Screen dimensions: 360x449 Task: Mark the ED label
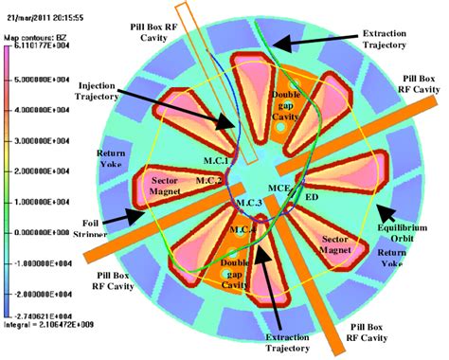pos(311,198)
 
